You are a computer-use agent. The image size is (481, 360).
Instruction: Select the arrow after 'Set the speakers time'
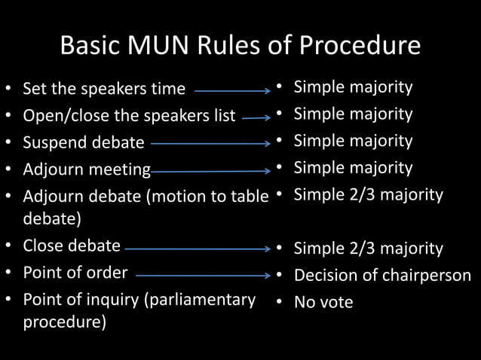(232, 90)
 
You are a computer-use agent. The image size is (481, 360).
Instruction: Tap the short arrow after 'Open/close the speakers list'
(256, 117)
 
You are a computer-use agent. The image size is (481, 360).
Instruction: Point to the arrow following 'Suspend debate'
(210, 142)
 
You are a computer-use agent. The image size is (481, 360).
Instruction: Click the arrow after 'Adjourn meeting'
(210, 170)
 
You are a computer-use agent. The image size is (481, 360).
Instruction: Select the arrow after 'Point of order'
(203, 276)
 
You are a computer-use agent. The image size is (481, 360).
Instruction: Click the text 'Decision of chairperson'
(382, 276)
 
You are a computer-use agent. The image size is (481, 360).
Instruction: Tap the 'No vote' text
(323, 303)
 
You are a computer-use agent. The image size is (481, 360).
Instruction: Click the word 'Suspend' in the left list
(52, 142)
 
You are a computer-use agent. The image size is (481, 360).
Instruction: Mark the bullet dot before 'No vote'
(279, 303)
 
